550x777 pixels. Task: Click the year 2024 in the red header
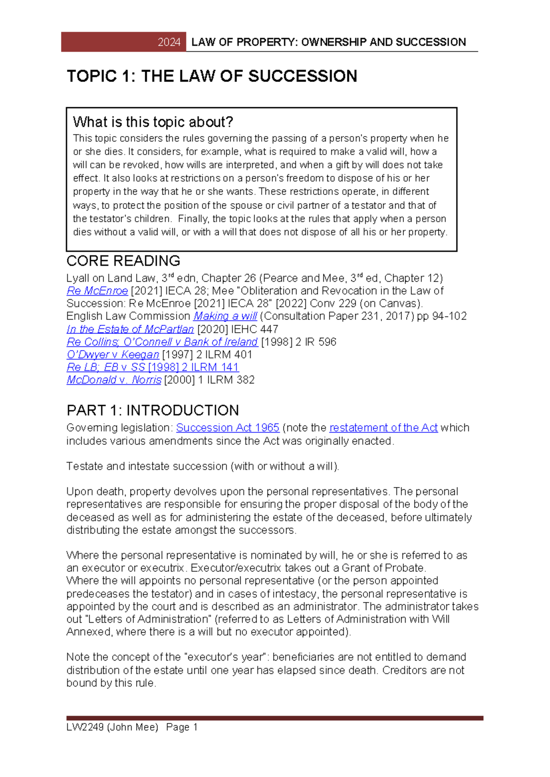[169, 42]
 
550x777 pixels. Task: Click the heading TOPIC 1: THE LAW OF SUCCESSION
[212, 76]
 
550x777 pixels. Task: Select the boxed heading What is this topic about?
[153, 122]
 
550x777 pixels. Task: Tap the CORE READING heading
[123, 261]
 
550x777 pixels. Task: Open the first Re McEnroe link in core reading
[97, 291]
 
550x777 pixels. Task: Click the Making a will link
[225, 316]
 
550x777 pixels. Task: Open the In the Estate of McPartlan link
[130, 329]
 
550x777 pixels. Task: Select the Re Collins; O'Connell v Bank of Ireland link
[162, 342]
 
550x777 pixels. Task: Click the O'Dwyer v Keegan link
[113, 355]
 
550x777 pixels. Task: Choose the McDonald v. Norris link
[114, 380]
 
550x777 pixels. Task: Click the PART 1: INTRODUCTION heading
[153, 410]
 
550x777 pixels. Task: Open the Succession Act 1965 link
[228, 427]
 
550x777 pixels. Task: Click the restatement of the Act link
[383, 427]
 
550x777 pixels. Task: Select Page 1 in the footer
[182, 727]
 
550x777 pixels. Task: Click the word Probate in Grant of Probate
[406, 568]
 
